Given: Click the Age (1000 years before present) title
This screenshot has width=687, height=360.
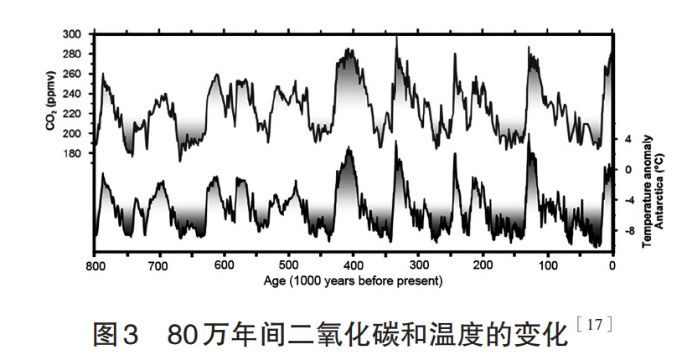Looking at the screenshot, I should [x=353, y=281].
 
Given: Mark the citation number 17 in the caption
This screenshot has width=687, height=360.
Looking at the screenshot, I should [x=597, y=324].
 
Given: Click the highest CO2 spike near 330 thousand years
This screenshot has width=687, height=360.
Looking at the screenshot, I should [x=395, y=37].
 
